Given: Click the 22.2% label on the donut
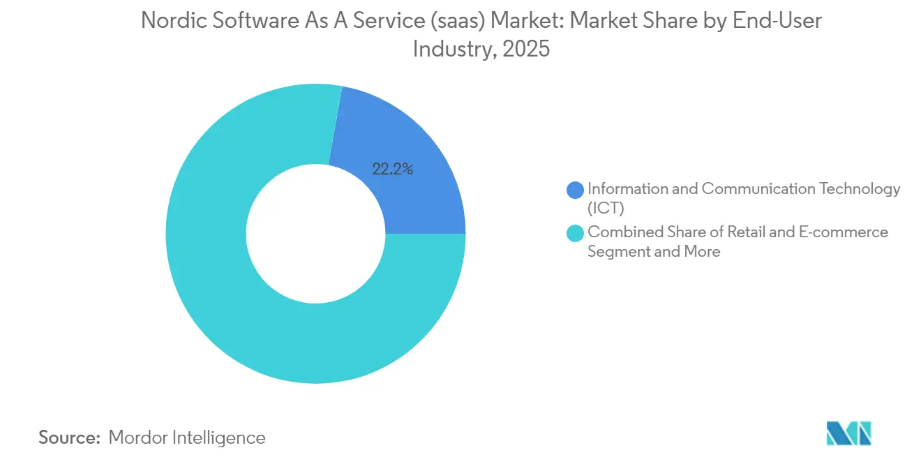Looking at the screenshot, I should pyautogui.click(x=392, y=169).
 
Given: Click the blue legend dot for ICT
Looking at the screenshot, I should pyautogui.click(x=576, y=189).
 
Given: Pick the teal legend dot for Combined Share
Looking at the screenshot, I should pyautogui.click(x=576, y=233).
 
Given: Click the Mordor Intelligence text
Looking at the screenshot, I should pyautogui.click(x=187, y=437).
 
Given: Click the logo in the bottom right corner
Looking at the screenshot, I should pyautogui.click(x=848, y=433).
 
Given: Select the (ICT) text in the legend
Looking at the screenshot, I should pyautogui.click(x=606, y=208).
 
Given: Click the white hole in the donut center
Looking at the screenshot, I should pyautogui.click(x=315, y=234).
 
